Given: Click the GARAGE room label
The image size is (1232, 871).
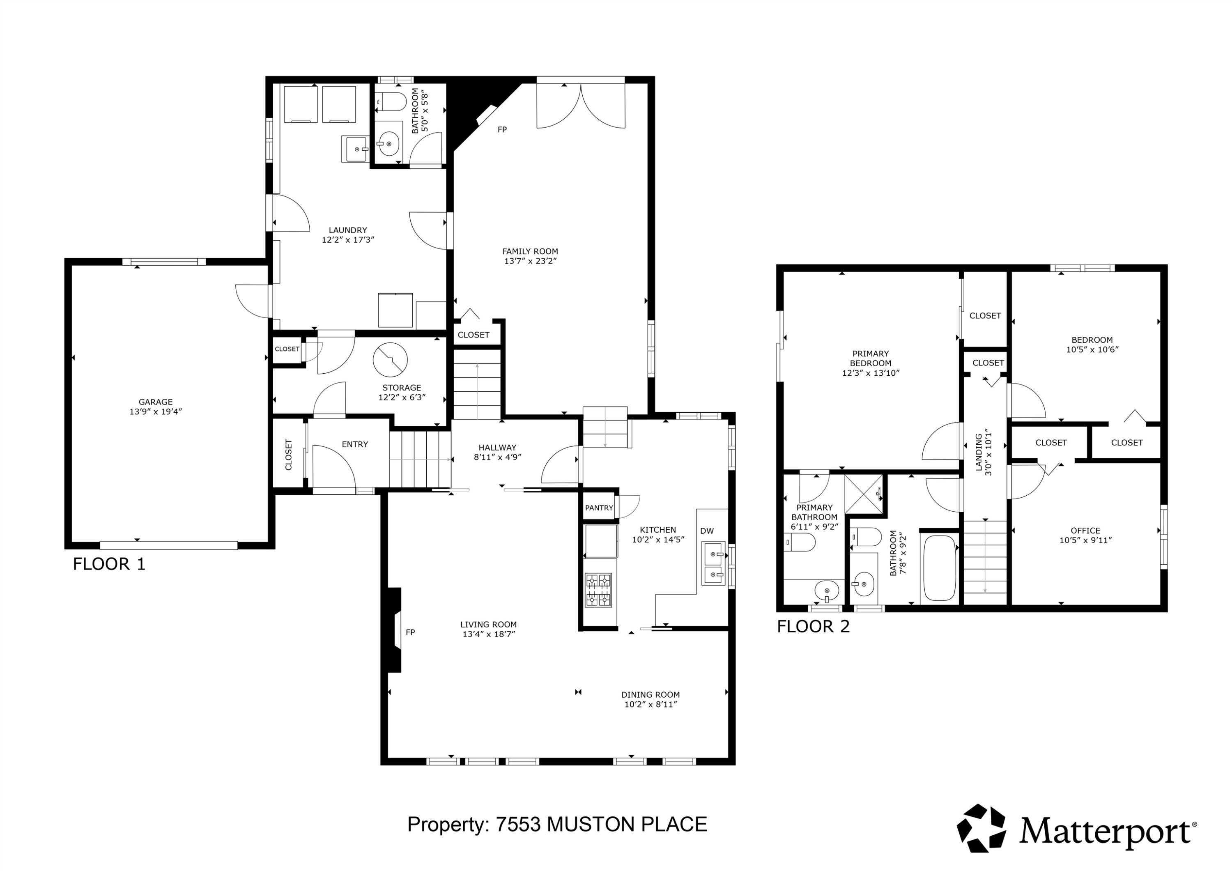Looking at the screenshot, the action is tap(156, 402).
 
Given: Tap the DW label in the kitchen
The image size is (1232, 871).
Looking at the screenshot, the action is tap(707, 531).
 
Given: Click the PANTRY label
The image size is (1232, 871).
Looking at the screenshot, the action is tap(599, 508).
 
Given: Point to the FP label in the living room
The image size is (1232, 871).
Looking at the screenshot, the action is tap(411, 632).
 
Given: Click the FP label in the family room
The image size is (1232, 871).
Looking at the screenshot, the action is tap(502, 129).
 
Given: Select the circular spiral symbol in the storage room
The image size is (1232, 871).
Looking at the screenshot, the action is tap(390, 360).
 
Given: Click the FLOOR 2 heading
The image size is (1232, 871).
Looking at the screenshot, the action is tap(814, 626).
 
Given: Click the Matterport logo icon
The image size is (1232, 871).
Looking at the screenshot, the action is tap(981, 828).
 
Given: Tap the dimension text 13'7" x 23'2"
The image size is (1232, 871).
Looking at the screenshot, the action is tap(531, 261).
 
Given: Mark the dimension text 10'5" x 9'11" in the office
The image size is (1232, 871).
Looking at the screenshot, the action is tap(1085, 540).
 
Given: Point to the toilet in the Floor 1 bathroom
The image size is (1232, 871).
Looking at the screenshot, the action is tap(389, 101).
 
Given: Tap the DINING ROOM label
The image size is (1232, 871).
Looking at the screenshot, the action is tap(650, 694).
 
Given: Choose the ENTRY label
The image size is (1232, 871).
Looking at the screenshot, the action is tap(355, 444).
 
